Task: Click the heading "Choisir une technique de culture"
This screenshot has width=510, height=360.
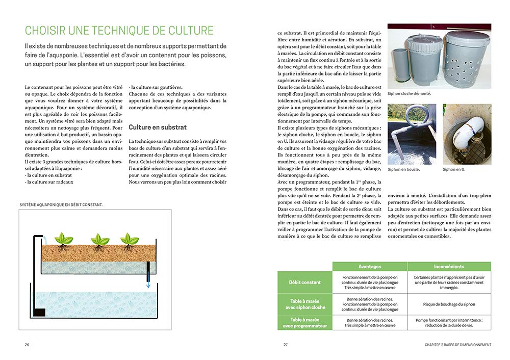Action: pyautogui.click(x=119, y=30)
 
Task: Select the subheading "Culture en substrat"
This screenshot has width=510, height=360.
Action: pyautogui.click(x=158, y=127)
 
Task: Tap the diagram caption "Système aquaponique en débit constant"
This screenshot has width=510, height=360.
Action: pyautogui.click(x=61, y=204)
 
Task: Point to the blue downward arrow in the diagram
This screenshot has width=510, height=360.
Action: pyautogui.click(x=148, y=284)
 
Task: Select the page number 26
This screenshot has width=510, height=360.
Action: pyautogui.click(x=27, y=345)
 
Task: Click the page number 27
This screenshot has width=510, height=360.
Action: pyautogui.click(x=286, y=345)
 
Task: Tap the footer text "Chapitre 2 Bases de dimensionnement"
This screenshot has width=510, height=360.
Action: pyautogui.click(x=458, y=345)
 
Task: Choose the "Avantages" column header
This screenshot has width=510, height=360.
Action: pyautogui.click(x=369, y=266)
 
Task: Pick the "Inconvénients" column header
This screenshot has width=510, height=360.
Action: pyautogui.click(x=449, y=266)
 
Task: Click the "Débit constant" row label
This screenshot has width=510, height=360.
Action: pyautogui.click(x=305, y=282)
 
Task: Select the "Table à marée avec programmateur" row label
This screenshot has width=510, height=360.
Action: pyautogui.click(x=305, y=322)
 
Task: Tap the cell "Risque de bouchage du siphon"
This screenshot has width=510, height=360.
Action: pyautogui.click(x=449, y=304)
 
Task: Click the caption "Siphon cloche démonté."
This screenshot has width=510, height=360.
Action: pyautogui.click(x=409, y=94)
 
